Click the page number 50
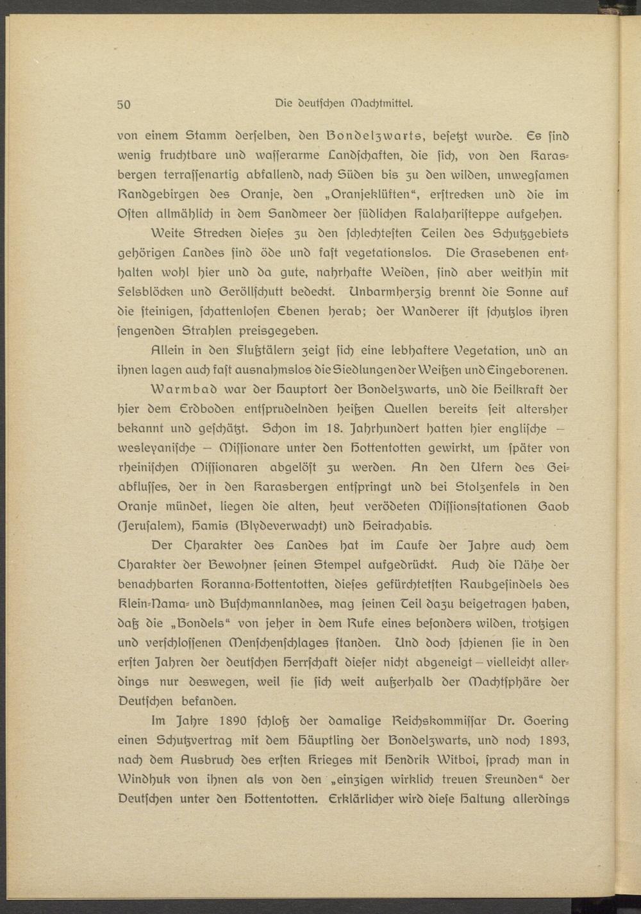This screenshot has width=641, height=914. pyautogui.click(x=124, y=104)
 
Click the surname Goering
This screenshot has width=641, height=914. pyautogui.click(x=542, y=722)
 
